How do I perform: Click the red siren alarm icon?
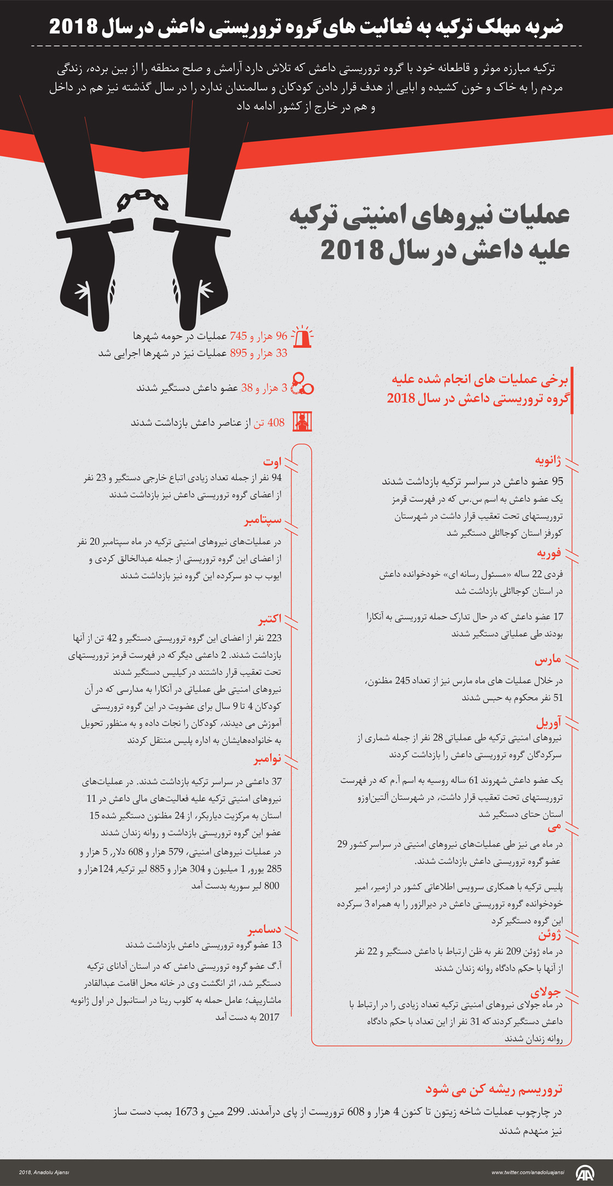302,337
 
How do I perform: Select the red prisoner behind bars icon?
302,422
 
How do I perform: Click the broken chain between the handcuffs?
143,200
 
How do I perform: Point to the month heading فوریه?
549,553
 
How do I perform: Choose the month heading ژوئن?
550,934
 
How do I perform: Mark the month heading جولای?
546,991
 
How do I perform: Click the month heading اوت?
272,462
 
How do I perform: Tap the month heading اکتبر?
270,618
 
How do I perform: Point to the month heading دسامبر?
264,929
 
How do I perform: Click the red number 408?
276,422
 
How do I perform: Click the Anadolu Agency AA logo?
585,1172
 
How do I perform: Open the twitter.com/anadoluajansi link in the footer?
528,1172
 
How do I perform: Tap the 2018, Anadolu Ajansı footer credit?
44,1172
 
